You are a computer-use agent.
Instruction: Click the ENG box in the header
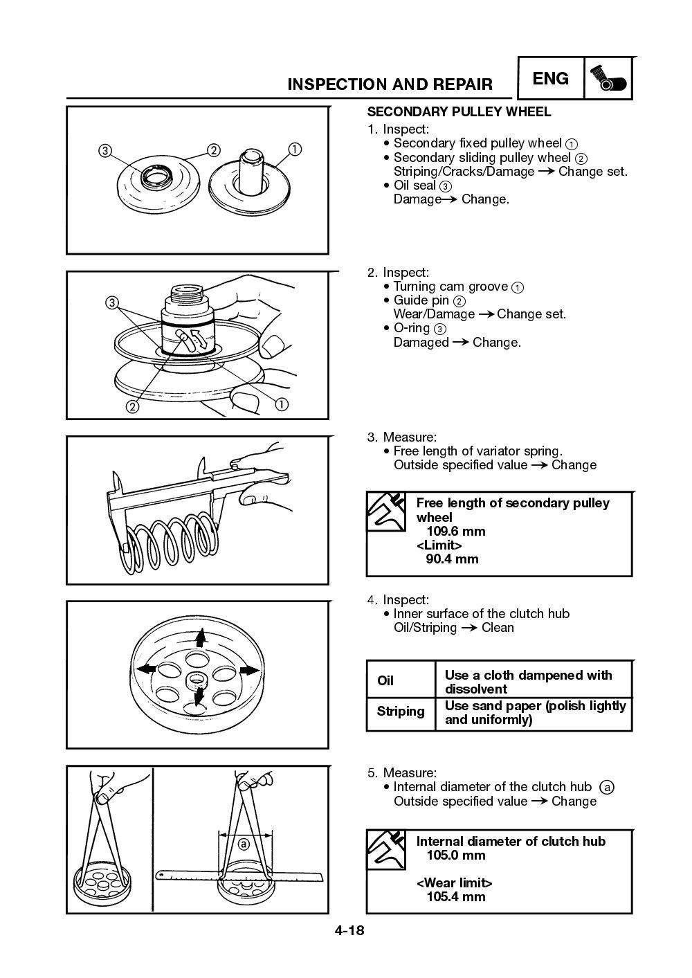tap(551, 79)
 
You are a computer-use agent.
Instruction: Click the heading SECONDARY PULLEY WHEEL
tap(458, 111)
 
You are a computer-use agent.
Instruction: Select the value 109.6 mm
tap(455, 532)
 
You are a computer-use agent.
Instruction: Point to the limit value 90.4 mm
tap(451, 559)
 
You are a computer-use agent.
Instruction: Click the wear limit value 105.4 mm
tap(455, 897)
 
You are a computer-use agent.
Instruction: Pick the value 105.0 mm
tap(455, 855)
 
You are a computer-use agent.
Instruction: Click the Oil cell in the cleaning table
tap(385, 681)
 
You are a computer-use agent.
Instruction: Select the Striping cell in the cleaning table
tap(400, 712)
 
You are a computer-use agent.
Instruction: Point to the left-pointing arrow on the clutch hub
tap(146, 669)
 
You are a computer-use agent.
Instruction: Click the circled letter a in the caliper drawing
tap(244, 844)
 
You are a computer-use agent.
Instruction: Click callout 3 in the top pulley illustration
tap(104, 151)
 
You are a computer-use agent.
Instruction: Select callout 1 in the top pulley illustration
tap(295, 149)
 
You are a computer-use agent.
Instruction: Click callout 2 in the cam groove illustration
tap(131, 406)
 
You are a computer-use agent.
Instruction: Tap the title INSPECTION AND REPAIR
tap(390, 84)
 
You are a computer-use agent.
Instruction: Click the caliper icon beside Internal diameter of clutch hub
tap(386, 849)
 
